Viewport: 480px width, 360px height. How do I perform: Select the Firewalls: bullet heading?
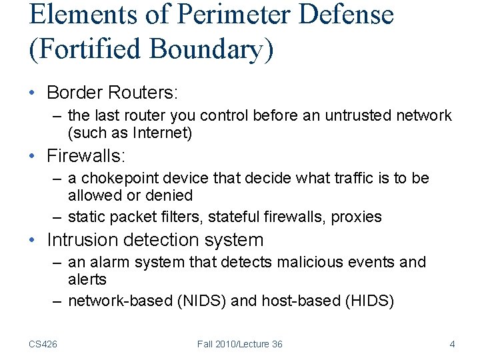86,156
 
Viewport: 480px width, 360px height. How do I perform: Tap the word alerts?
87,279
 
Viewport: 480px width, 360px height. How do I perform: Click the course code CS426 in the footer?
43,344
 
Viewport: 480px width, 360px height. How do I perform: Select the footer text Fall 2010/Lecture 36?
239,344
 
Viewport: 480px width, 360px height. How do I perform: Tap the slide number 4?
452,344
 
